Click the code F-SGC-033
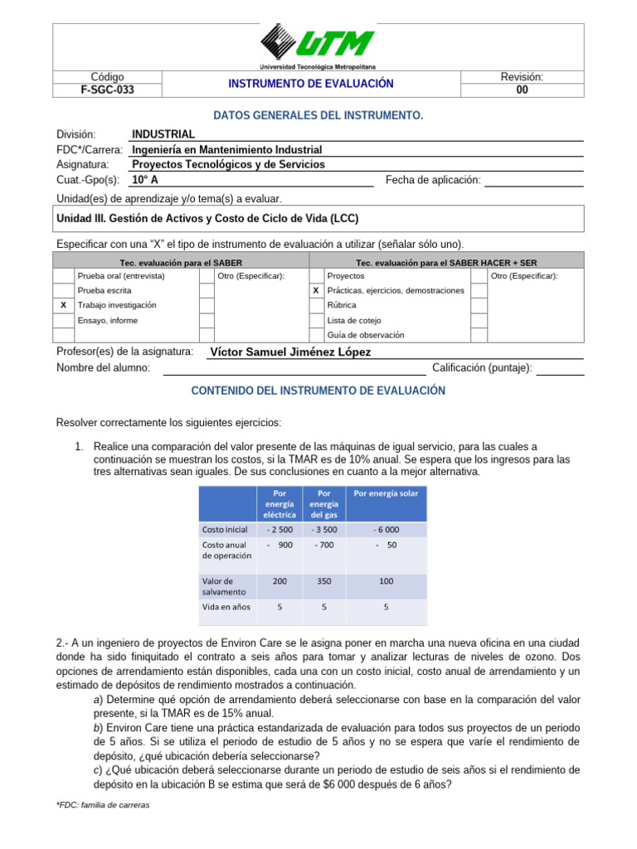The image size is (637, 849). (107, 90)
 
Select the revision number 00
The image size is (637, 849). (522, 90)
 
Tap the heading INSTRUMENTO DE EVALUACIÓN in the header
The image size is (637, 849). (311, 84)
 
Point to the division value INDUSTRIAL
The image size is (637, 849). (163, 134)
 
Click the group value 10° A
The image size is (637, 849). (145, 179)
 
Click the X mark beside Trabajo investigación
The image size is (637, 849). (64, 305)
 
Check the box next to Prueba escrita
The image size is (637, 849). (64, 290)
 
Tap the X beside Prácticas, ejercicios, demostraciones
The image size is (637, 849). (315, 290)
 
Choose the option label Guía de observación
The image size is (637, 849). (366, 335)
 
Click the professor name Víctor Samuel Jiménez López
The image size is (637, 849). (290, 352)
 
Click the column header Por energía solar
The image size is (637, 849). (386, 493)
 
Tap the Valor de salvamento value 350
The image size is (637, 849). (324, 581)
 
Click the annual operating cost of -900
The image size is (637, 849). (280, 545)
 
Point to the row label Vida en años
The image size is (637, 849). (225, 607)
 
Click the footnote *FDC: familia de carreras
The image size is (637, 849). (102, 805)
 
